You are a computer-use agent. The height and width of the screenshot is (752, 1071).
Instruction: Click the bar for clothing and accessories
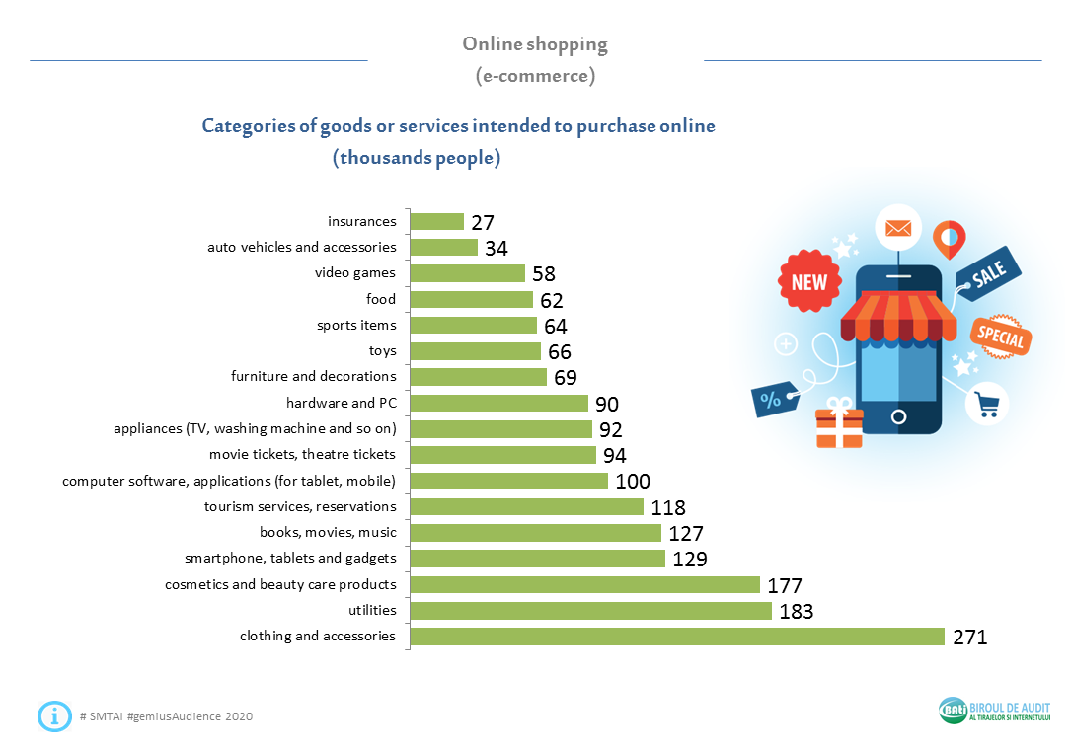pos(677,637)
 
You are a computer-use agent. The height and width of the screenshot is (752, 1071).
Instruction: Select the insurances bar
pos(436,222)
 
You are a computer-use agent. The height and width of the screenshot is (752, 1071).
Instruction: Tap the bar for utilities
pos(590,611)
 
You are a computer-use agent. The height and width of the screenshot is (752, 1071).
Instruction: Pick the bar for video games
pos(467,273)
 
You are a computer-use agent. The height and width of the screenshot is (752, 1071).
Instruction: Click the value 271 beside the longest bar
pos(969,638)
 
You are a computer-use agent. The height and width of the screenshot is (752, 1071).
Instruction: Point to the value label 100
pos(633,482)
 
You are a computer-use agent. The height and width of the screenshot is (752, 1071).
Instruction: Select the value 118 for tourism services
pos(668,507)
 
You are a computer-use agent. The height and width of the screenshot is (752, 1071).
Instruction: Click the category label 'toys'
pos(382,350)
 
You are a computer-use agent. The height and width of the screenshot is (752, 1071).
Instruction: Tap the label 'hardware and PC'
pos(341,403)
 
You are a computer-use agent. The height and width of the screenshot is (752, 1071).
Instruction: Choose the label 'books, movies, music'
pos(328,532)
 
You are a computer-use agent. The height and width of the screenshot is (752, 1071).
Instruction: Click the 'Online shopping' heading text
pos(535,44)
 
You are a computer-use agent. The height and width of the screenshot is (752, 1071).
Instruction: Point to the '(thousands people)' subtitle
pos(417,158)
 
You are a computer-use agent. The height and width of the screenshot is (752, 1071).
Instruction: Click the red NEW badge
pos(809,282)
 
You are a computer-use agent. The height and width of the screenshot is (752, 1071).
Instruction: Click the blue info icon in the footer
pos(54,715)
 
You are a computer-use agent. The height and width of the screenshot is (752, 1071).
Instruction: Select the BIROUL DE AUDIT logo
pos(995,711)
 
